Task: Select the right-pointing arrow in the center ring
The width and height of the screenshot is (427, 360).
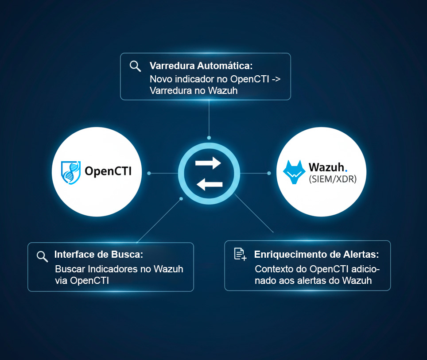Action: (208, 163)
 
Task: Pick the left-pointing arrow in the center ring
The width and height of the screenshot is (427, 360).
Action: (209, 184)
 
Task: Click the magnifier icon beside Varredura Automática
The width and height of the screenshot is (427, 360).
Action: (135, 66)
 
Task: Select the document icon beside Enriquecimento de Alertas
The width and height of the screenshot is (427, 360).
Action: (240, 254)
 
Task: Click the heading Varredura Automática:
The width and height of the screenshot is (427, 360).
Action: (201, 66)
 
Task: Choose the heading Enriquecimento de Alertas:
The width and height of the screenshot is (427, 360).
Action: (316, 255)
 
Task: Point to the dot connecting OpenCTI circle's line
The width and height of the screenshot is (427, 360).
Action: (149, 173)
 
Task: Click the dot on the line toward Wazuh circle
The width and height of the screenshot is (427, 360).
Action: (269, 173)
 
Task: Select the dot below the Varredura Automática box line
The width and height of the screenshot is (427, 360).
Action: (209, 138)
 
